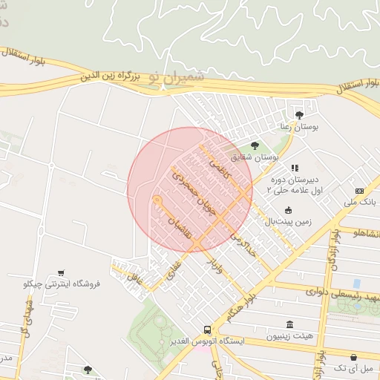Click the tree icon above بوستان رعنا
click(299, 115)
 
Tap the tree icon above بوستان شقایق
click(255, 145)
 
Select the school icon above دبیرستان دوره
click(295, 168)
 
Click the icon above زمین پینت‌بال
click(288, 210)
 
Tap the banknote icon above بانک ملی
click(359, 191)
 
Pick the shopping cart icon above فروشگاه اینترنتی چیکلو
click(61, 272)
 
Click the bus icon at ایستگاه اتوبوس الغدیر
click(208, 330)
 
